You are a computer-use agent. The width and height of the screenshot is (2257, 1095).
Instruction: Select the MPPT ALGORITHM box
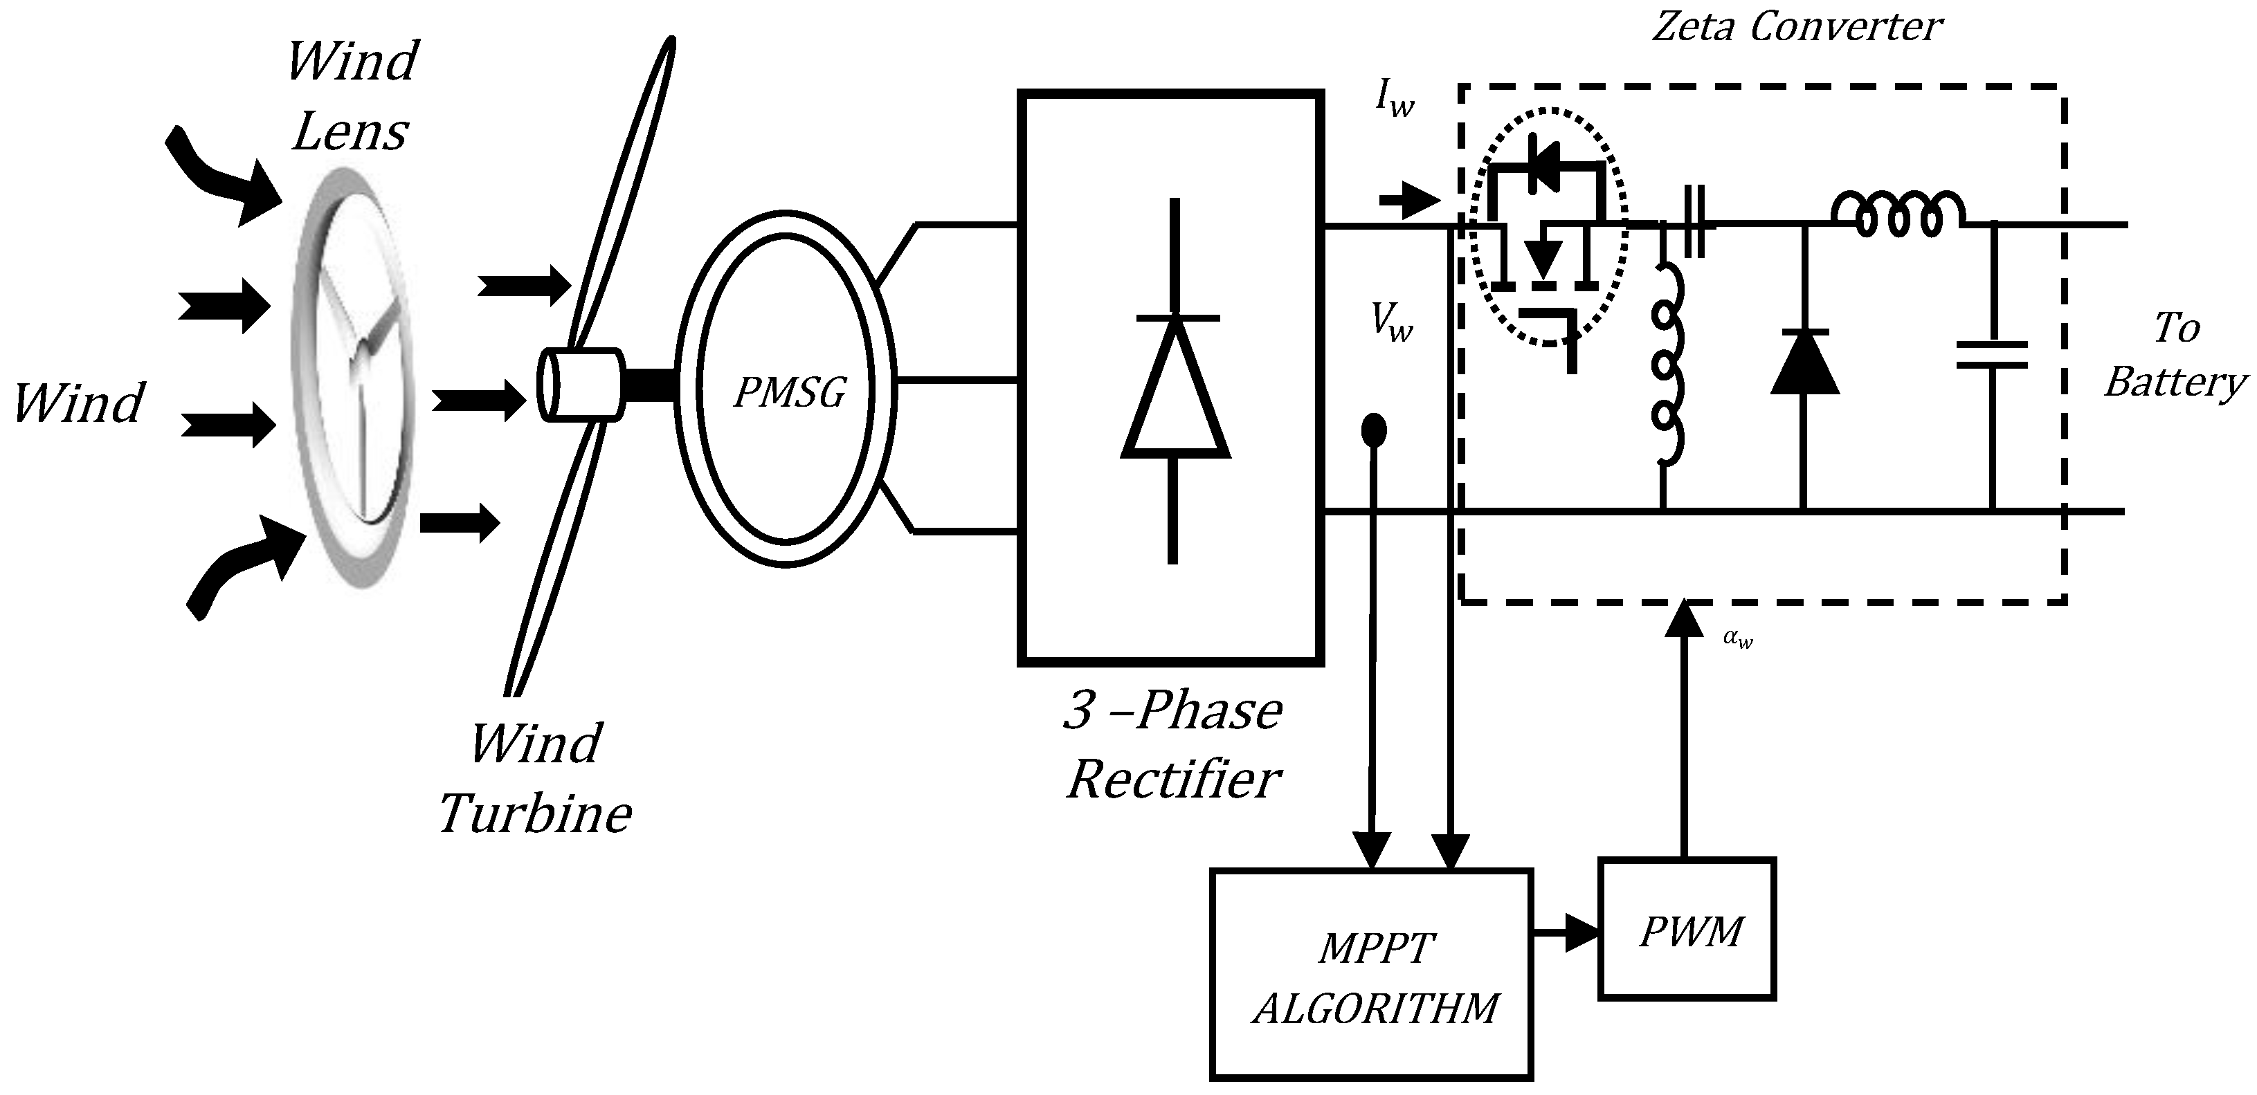coord(1371,973)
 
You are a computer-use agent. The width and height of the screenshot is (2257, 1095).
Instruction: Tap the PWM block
coord(1687,928)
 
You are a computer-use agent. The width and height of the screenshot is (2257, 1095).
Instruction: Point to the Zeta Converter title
coord(1796,26)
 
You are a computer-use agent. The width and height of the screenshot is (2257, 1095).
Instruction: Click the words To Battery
coord(2175,355)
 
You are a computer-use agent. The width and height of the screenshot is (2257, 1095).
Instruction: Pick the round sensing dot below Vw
coord(1373,430)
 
